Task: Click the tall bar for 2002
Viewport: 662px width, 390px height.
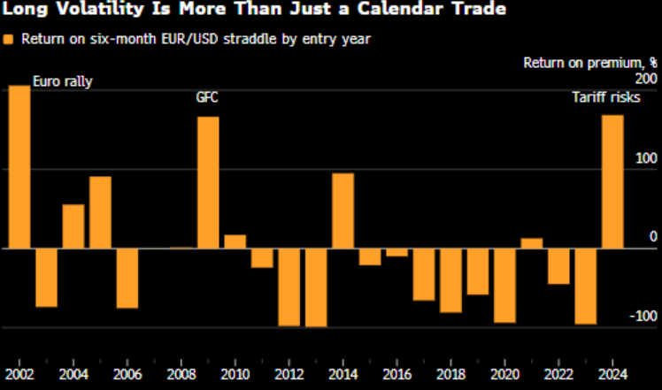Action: pyautogui.click(x=19, y=166)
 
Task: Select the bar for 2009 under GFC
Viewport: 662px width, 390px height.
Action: pyautogui.click(x=208, y=182)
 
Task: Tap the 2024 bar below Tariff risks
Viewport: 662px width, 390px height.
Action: pyautogui.click(x=612, y=181)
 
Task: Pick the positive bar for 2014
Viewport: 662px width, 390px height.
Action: pyautogui.click(x=343, y=210)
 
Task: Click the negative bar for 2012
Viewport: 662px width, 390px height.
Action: pyautogui.click(x=289, y=287)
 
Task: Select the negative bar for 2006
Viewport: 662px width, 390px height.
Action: pyautogui.click(x=127, y=278)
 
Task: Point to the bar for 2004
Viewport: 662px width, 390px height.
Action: pyautogui.click(x=73, y=226)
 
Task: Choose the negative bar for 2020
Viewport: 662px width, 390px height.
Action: pyautogui.click(x=504, y=286)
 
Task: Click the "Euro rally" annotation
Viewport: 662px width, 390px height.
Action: pyautogui.click(x=63, y=82)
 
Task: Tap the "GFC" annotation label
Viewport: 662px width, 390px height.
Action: pyautogui.click(x=206, y=98)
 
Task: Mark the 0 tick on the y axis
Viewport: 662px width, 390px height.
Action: pyautogui.click(x=653, y=237)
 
